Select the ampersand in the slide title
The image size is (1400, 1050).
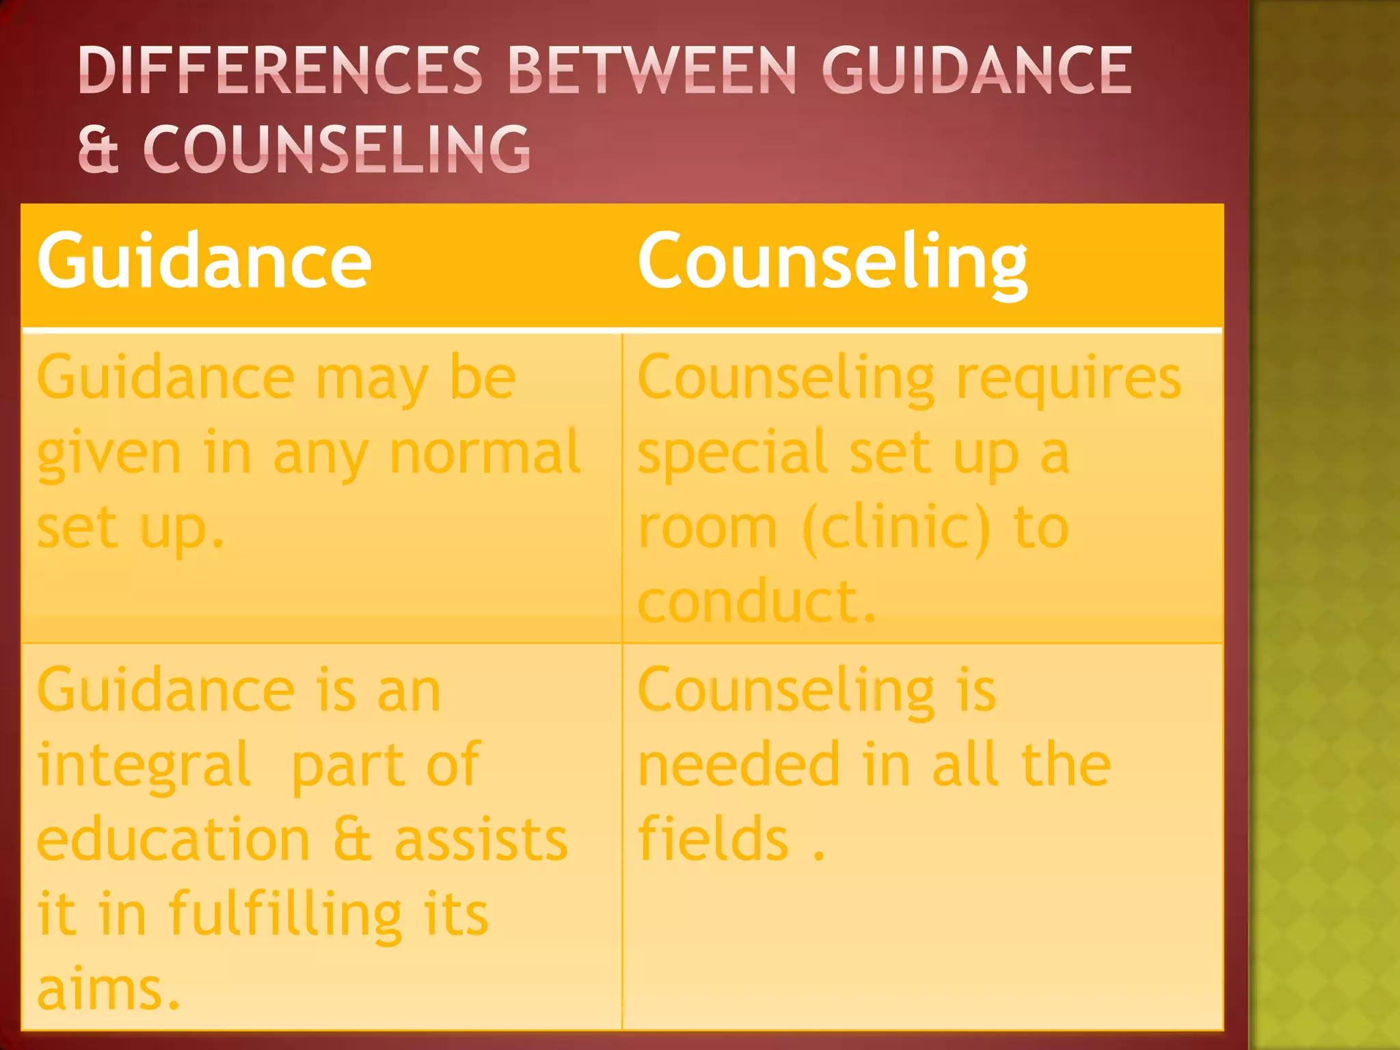click(98, 148)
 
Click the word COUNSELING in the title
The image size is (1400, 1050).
click(336, 148)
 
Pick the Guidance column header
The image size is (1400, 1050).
click(204, 260)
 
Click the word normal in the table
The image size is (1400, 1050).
click(485, 453)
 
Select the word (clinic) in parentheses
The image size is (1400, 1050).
click(896, 528)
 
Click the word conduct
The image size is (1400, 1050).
click(755, 602)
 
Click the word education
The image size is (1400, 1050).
click(174, 840)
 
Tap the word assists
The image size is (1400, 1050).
click(481, 840)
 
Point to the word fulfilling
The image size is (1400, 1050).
click(285, 915)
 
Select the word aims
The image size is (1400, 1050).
click(108, 989)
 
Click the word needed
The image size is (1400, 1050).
click(738, 765)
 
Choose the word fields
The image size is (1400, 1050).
click(713, 839)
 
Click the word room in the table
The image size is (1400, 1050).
click(708, 528)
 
